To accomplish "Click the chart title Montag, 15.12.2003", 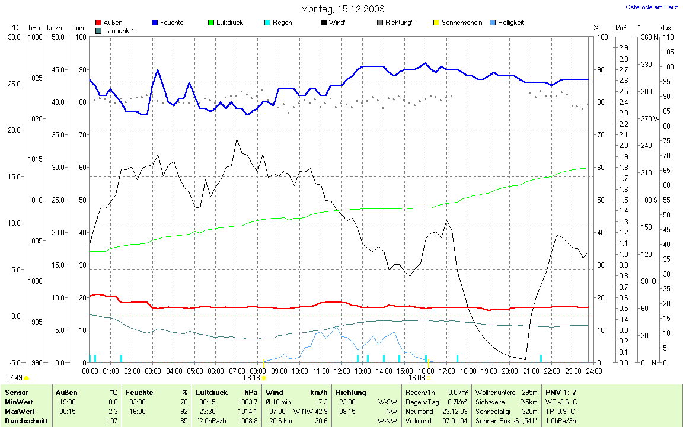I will tap(343, 9).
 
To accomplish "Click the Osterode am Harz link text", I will tap(652, 8).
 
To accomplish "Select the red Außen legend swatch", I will tap(99, 23).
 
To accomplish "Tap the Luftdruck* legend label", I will tap(231, 23).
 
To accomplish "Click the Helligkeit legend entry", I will tap(510, 23).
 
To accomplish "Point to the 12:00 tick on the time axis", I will tap(341, 371).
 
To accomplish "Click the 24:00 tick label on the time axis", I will tap(593, 371).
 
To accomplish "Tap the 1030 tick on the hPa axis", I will tap(36, 37).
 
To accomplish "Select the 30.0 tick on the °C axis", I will tap(14, 37).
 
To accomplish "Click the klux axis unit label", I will tap(665, 28).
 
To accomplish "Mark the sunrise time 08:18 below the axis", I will tap(252, 377).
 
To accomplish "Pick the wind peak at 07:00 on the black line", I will tap(237, 139).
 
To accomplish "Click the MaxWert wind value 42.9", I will tap(320, 411).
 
